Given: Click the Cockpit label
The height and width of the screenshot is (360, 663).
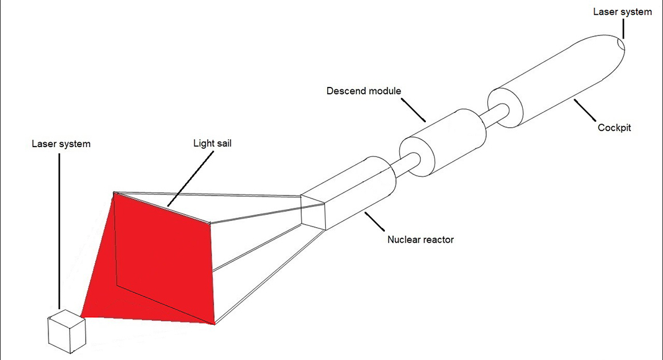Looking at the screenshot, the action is (x=614, y=128).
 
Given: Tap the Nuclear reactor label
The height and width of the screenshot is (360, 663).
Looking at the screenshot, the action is (x=420, y=240).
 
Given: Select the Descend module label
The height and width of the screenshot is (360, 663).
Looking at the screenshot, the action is (x=364, y=91).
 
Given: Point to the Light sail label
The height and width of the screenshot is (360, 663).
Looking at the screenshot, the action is (x=212, y=143).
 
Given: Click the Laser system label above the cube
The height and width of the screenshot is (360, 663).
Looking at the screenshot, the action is (x=61, y=143).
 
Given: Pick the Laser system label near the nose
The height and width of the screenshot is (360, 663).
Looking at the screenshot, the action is (x=622, y=12).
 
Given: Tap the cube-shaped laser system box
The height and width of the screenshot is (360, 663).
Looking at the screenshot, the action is (x=67, y=331).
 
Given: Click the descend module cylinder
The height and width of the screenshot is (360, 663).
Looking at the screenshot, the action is (x=443, y=142).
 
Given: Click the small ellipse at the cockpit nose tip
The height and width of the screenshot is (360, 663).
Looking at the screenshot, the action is (x=621, y=45).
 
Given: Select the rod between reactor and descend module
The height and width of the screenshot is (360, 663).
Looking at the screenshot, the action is (x=405, y=164).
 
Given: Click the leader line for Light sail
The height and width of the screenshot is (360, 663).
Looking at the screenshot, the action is (x=191, y=179).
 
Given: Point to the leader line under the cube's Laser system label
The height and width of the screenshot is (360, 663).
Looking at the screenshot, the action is (x=59, y=231).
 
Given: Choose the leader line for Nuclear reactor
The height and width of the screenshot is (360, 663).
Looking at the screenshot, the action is (x=374, y=222).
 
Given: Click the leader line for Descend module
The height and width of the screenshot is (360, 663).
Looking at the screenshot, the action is (x=413, y=110).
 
